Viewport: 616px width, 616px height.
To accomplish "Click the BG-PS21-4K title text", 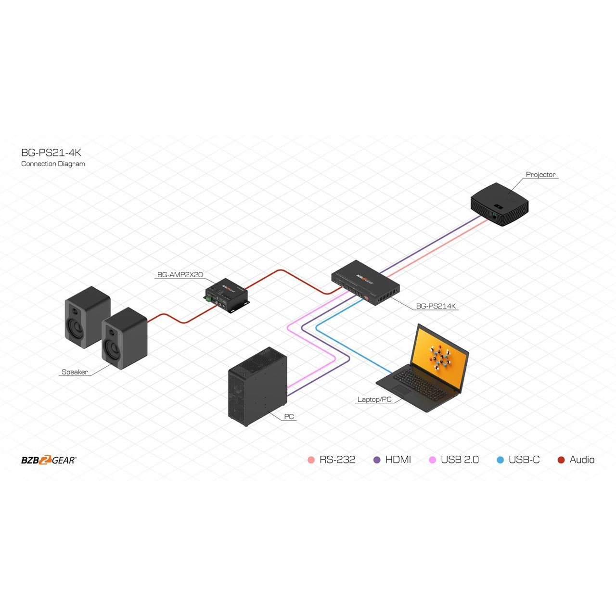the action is pyautogui.click(x=51, y=153).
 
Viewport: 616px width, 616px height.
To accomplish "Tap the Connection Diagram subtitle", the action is pyautogui.click(x=53, y=164).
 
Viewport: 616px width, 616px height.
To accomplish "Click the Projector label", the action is pyautogui.click(x=540, y=175).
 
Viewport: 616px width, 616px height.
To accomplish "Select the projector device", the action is pyautogui.click(x=500, y=204).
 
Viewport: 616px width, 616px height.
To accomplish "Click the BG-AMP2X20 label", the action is pyautogui.click(x=180, y=275).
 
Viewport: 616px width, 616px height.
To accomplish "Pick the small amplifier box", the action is pyautogui.click(x=226, y=295).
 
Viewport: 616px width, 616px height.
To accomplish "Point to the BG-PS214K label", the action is pyautogui.click(x=436, y=306).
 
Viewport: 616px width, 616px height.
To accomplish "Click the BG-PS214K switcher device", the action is pyautogui.click(x=365, y=282).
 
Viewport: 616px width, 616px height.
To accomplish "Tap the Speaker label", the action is pyautogui.click(x=75, y=372).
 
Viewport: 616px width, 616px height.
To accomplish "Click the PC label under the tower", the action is pyautogui.click(x=289, y=417).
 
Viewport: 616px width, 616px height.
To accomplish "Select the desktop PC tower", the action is pyautogui.click(x=257, y=386).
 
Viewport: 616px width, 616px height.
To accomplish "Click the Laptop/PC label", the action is pyautogui.click(x=374, y=399).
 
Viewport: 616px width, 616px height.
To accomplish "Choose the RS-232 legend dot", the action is pyautogui.click(x=311, y=460).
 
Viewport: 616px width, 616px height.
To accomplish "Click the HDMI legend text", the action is pyautogui.click(x=398, y=460).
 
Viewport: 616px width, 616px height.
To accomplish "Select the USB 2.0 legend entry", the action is pyautogui.click(x=454, y=460).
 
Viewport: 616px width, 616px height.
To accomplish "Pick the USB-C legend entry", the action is pyautogui.click(x=518, y=460).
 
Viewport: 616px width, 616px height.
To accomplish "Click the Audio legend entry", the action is pyautogui.click(x=576, y=460).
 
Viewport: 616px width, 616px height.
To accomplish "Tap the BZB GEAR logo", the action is pyautogui.click(x=49, y=460).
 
